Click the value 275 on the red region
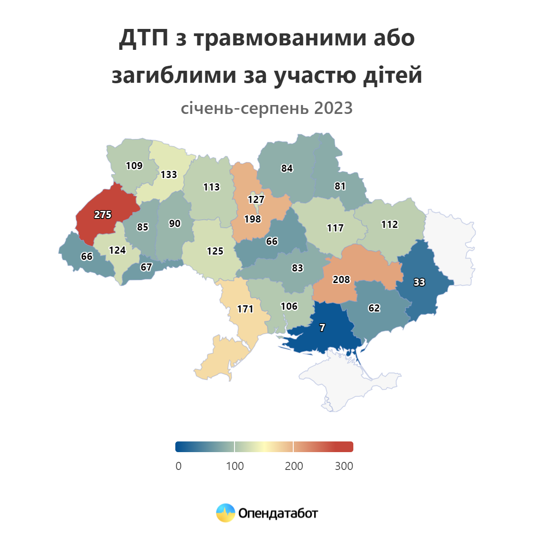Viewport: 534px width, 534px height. pyautogui.click(x=103, y=214)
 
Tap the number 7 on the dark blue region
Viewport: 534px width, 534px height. pyautogui.click(x=322, y=328)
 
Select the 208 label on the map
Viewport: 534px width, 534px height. pyautogui.click(x=341, y=279)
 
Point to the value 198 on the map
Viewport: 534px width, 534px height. pyautogui.click(x=252, y=219)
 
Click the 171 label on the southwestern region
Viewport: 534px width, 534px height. pyautogui.click(x=245, y=308)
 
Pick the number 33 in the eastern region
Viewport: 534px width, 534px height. pyautogui.click(x=419, y=282)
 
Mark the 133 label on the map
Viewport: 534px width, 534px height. pyautogui.click(x=169, y=174)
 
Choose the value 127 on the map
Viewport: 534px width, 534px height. pyautogui.click(x=256, y=199)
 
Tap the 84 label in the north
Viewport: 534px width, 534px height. pyautogui.click(x=287, y=168)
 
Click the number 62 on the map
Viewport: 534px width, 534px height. pyautogui.click(x=374, y=308)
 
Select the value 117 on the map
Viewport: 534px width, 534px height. pyautogui.click(x=335, y=228)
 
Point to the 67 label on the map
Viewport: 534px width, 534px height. pyautogui.click(x=146, y=267)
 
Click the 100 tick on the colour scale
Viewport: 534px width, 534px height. pyautogui.click(x=235, y=466)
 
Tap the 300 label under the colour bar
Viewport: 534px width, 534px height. pyautogui.click(x=344, y=466)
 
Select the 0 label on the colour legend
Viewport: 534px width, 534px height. pyautogui.click(x=178, y=466)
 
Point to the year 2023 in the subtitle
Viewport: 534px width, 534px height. pyautogui.click(x=333, y=108)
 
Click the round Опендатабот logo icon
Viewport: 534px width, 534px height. pyautogui.click(x=225, y=513)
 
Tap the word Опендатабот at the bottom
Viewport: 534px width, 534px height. pyautogui.click(x=278, y=513)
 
